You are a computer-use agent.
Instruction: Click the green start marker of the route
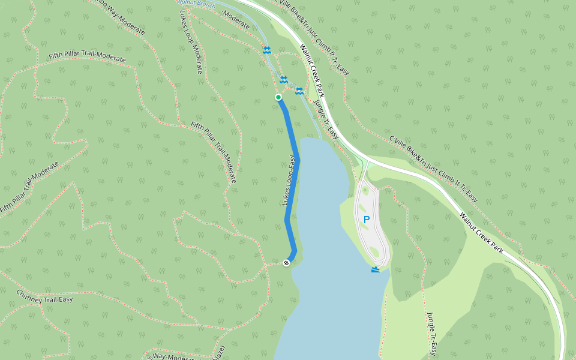(278, 97)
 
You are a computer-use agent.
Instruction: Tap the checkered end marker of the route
(287, 262)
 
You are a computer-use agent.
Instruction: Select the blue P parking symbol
(367, 220)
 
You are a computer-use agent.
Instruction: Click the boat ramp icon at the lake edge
(376, 269)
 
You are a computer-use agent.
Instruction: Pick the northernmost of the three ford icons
(267, 50)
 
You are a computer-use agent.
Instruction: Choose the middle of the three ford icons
(283, 80)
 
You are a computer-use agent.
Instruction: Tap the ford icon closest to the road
(299, 91)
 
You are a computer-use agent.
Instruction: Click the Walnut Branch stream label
(196, 4)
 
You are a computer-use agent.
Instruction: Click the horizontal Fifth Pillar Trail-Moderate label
(88, 58)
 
